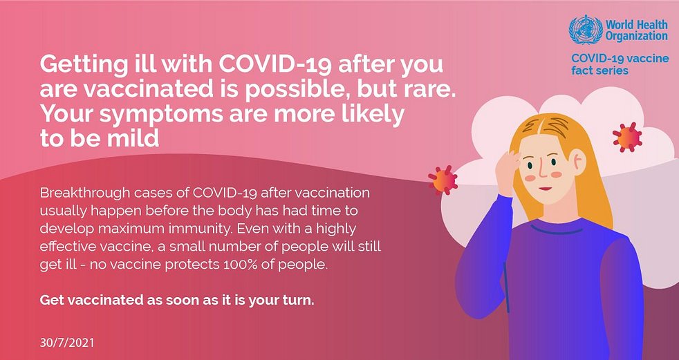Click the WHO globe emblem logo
[x=586, y=30]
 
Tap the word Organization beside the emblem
[x=637, y=36]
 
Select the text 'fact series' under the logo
[x=599, y=70]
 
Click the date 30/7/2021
[x=66, y=343]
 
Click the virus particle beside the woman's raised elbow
[x=443, y=180]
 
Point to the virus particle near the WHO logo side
[x=627, y=138]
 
